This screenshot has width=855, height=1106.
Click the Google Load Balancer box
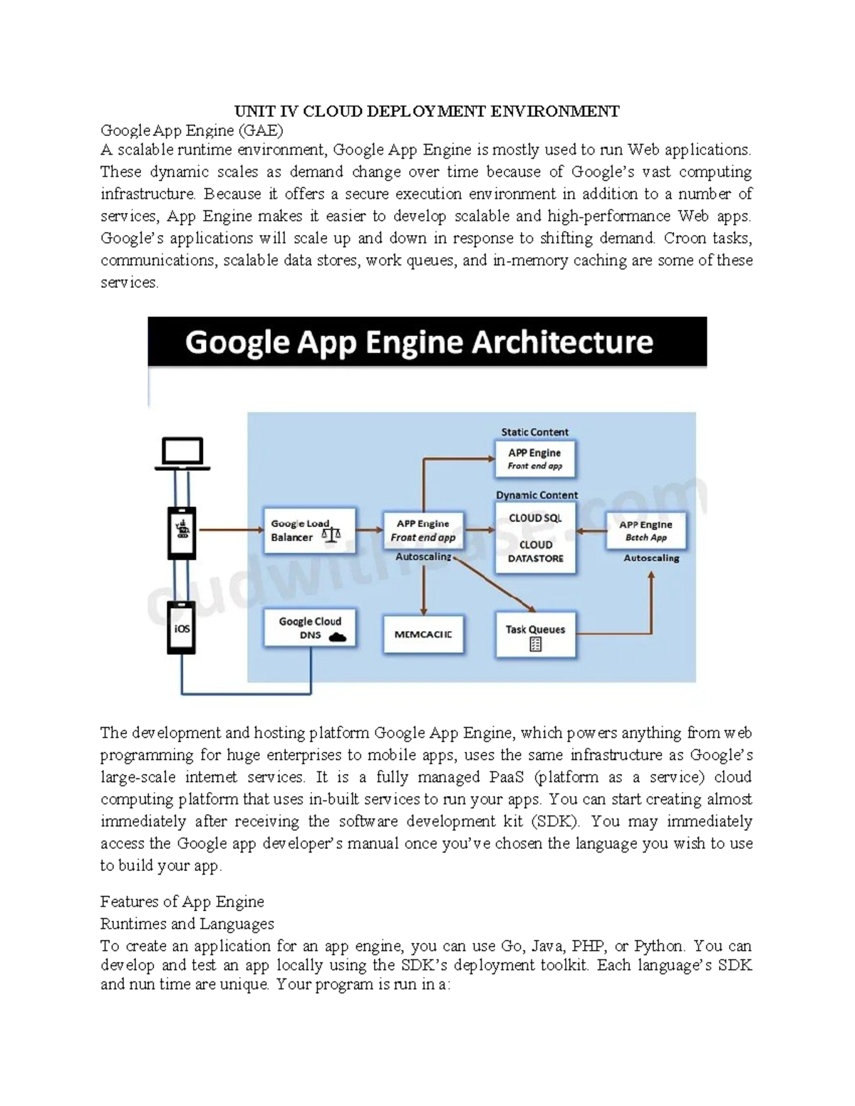309,531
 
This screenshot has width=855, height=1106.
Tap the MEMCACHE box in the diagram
423,634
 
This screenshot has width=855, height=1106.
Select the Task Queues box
535,636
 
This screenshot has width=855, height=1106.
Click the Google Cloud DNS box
310,628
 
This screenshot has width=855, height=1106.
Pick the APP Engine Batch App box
646,531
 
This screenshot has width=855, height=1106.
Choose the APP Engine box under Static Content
534,459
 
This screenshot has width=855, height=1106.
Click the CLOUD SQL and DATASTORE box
535,538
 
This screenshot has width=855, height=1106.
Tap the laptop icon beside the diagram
182,454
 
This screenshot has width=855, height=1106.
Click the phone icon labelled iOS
182,628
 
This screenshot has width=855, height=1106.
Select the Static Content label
534,432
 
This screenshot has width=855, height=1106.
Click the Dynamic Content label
537,495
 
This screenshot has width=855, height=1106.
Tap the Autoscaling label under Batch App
651,558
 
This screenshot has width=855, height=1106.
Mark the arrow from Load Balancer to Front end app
369,530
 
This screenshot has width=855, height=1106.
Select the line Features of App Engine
182,902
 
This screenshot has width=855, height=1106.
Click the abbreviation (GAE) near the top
260,130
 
